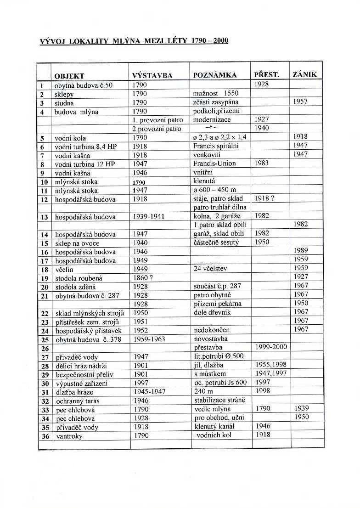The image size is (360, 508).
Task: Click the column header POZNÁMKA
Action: click(x=215, y=75)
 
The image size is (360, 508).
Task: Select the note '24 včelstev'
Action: click(x=211, y=269)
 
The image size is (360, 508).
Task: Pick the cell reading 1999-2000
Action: click(x=270, y=348)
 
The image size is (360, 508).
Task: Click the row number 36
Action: click(x=45, y=436)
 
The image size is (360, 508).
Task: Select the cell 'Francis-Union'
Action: click(x=214, y=164)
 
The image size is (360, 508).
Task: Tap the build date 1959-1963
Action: click(x=150, y=339)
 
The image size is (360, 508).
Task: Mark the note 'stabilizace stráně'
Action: click(x=219, y=400)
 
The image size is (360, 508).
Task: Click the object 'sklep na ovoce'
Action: click(x=77, y=243)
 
